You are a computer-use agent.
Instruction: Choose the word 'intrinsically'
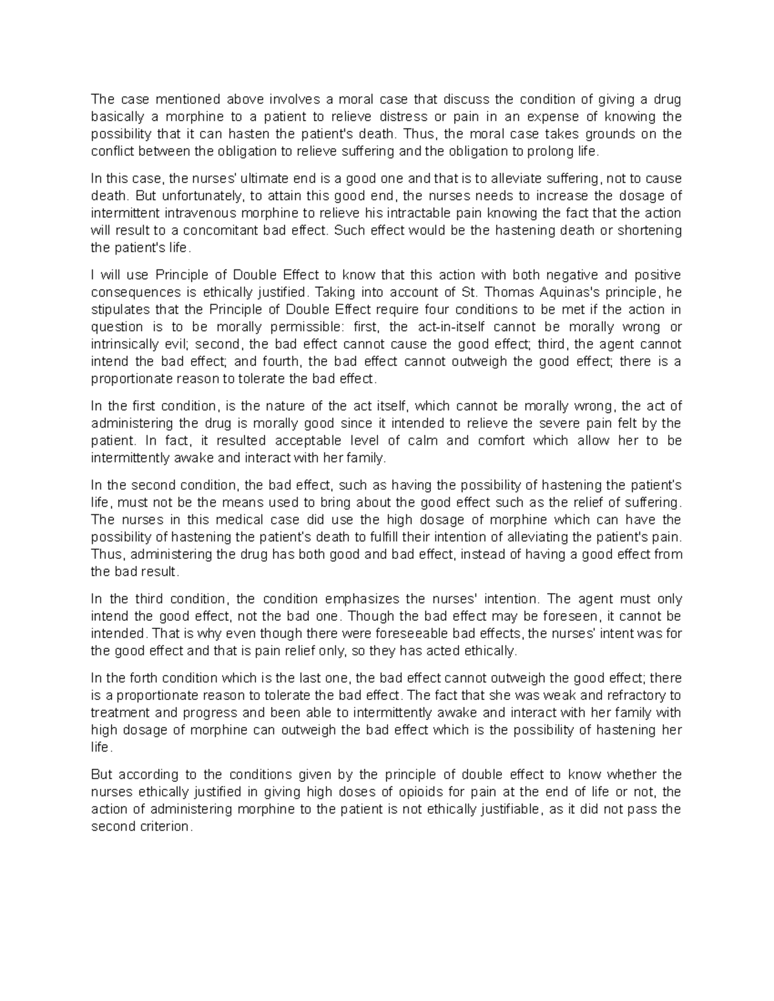(x=125, y=344)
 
